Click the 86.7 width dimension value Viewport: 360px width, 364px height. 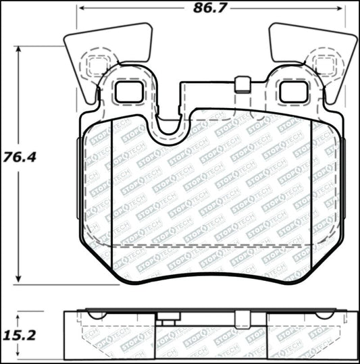(x=210, y=9)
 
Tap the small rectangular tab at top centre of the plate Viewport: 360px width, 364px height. (x=242, y=84)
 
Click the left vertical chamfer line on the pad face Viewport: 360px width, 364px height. (x=111, y=189)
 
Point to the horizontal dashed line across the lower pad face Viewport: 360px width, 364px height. (x=209, y=246)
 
